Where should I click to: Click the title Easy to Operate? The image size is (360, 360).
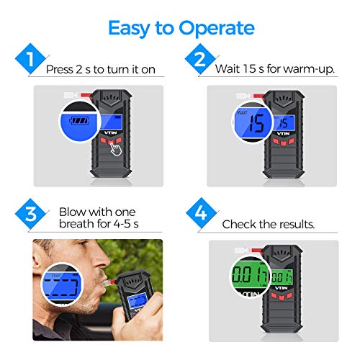181,28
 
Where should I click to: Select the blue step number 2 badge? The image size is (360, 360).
196,59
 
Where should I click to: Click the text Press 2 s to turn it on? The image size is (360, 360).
100,71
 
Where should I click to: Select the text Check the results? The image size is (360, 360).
268,225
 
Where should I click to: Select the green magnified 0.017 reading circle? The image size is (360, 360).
248,277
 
